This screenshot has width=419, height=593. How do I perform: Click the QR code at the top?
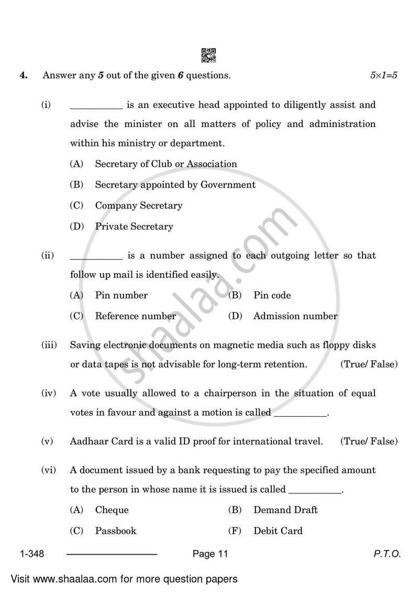click(x=208, y=55)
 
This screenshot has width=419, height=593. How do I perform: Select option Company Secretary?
click(x=138, y=206)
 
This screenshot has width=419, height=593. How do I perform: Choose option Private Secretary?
click(x=134, y=227)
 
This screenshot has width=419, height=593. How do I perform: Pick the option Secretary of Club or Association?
click(x=166, y=164)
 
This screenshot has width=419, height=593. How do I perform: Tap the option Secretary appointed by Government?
click(x=175, y=185)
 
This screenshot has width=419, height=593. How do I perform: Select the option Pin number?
click(x=121, y=295)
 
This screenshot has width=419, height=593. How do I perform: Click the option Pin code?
click(x=272, y=295)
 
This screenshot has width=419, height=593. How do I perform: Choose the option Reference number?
click(x=135, y=316)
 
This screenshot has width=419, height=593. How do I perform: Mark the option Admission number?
click(x=295, y=316)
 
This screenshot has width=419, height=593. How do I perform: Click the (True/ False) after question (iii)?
click(x=369, y=364)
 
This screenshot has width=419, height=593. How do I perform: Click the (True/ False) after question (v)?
click(x=369, y=441)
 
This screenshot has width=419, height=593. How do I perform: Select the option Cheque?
click(x=112, y=510)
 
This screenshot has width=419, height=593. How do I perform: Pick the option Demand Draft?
click(x=285, y=510)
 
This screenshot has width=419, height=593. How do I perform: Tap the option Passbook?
click(x=115, y=531)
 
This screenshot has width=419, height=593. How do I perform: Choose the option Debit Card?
click(x=278, y=531)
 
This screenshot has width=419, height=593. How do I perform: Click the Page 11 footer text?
click(x=210, y=554)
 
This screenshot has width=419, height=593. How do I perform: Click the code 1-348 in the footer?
click(x=32, y=554)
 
